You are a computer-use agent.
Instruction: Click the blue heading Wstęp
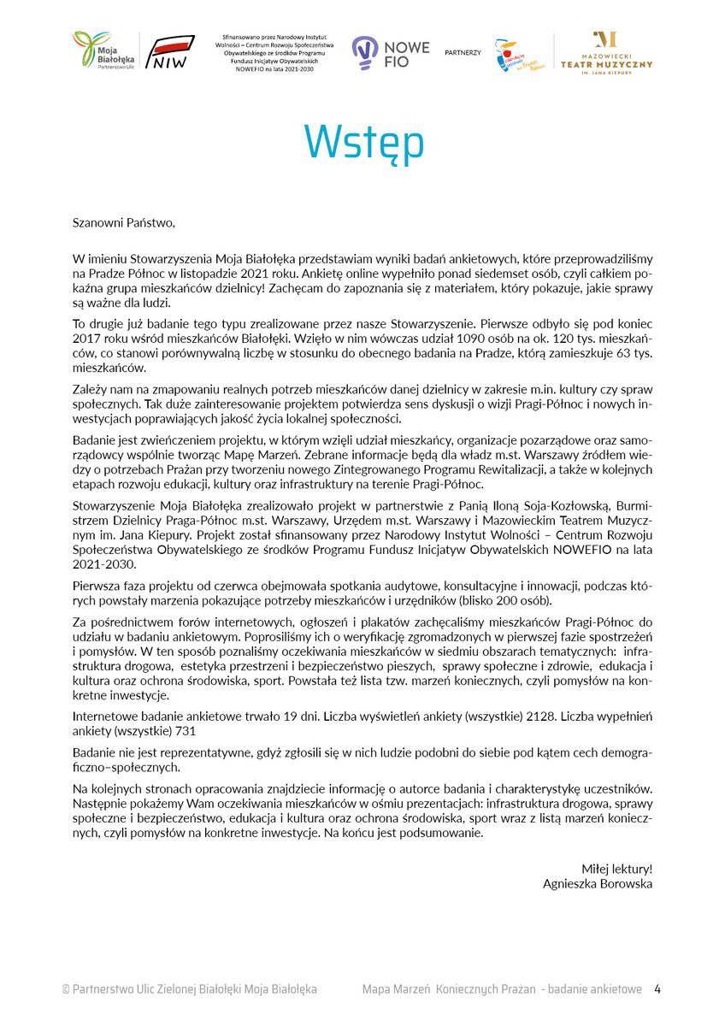363,144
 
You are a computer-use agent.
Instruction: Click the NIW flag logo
173,52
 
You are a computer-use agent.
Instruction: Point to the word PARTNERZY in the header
463,53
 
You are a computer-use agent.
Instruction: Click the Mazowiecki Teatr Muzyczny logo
606,53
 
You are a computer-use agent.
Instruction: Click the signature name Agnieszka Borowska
598,883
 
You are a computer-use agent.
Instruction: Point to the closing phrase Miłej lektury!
616,869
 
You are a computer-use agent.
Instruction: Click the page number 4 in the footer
657,989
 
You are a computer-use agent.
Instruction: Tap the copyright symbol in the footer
66,989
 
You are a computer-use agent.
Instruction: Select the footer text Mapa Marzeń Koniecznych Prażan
448,989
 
